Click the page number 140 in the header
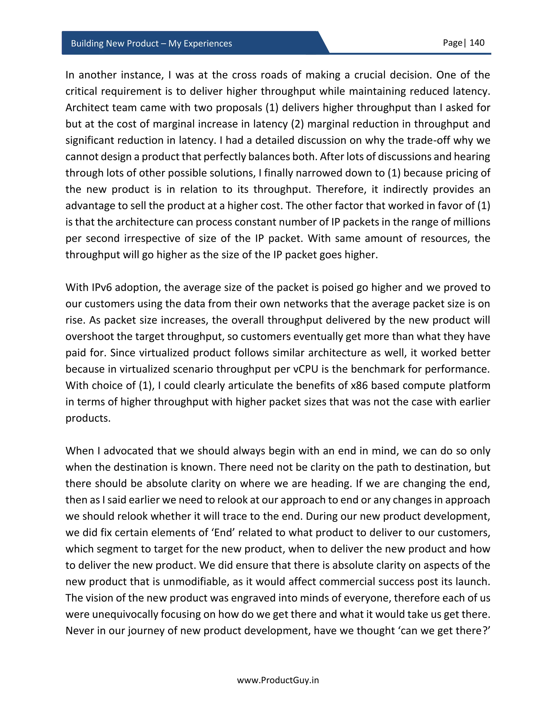(477, 43)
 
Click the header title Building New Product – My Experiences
(151, 43)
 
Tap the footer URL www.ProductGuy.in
(278, 680)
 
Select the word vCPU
(306, 369)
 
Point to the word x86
(359, 385)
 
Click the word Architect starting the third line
(86, 108)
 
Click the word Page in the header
(453, 43)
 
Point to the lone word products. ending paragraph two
(88, 418)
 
